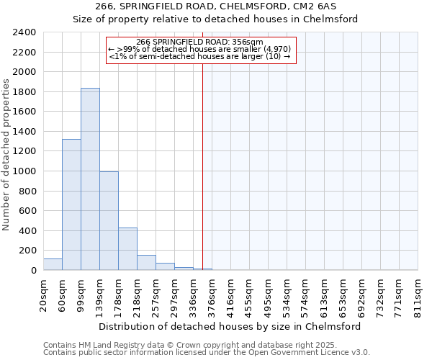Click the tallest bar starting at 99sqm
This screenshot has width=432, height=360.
coord(90,179)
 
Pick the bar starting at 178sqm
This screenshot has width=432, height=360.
coord(127,249)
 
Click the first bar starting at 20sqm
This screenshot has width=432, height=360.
coord(53,264)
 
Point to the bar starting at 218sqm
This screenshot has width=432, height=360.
coord(146,263)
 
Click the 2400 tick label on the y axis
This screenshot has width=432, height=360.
coord(25,32)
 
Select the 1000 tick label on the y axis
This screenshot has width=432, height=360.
coord(25,171)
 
